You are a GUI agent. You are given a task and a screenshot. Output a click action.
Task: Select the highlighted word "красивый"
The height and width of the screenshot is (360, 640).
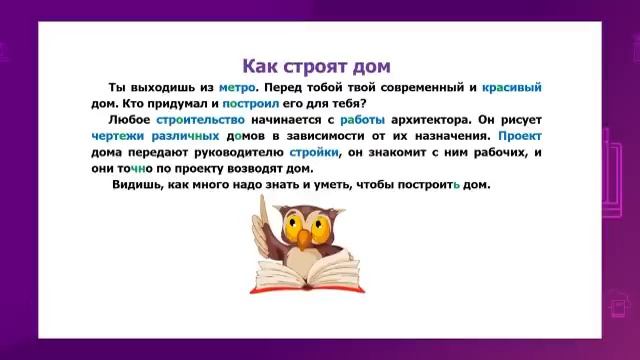[x=512, y=88]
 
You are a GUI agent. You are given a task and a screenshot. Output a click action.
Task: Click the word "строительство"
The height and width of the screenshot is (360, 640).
[x=190, y=120]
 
